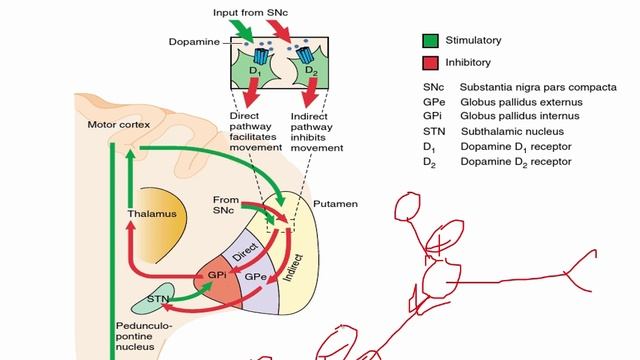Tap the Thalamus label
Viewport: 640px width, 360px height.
tap(152, 213)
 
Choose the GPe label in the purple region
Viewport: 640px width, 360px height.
tap(255, 275)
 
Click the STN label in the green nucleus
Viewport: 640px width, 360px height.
tap(156, 299)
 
